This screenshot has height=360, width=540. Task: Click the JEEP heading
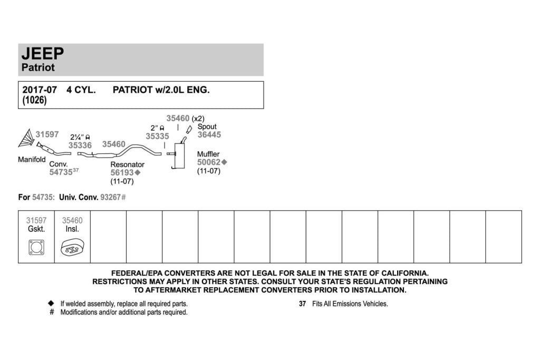pos(43,54)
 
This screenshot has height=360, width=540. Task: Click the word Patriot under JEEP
pos(38,67)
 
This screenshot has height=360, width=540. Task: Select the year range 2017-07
pos(40,90)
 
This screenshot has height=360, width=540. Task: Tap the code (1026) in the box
pos(34,100)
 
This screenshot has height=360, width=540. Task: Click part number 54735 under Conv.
pos(61,172)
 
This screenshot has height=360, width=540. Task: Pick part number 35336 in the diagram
pos(80,145)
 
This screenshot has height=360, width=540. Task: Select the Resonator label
pos(128,164)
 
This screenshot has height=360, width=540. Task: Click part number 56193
pos(122,173)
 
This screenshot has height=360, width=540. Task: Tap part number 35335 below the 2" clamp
pos(157,137)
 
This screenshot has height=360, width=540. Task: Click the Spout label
pos(207,127)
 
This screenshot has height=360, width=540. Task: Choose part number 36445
pos(209,135)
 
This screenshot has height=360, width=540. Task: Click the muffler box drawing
pos(179,156)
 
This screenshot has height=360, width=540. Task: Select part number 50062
pos(209,162)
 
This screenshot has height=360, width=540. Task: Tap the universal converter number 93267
pos(111,198)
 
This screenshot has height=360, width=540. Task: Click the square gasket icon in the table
pos(36,247)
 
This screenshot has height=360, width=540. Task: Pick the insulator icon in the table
pos(72,247)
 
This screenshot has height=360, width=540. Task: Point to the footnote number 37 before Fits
pos(302,304)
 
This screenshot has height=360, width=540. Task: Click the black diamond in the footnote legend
pos(51,303)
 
